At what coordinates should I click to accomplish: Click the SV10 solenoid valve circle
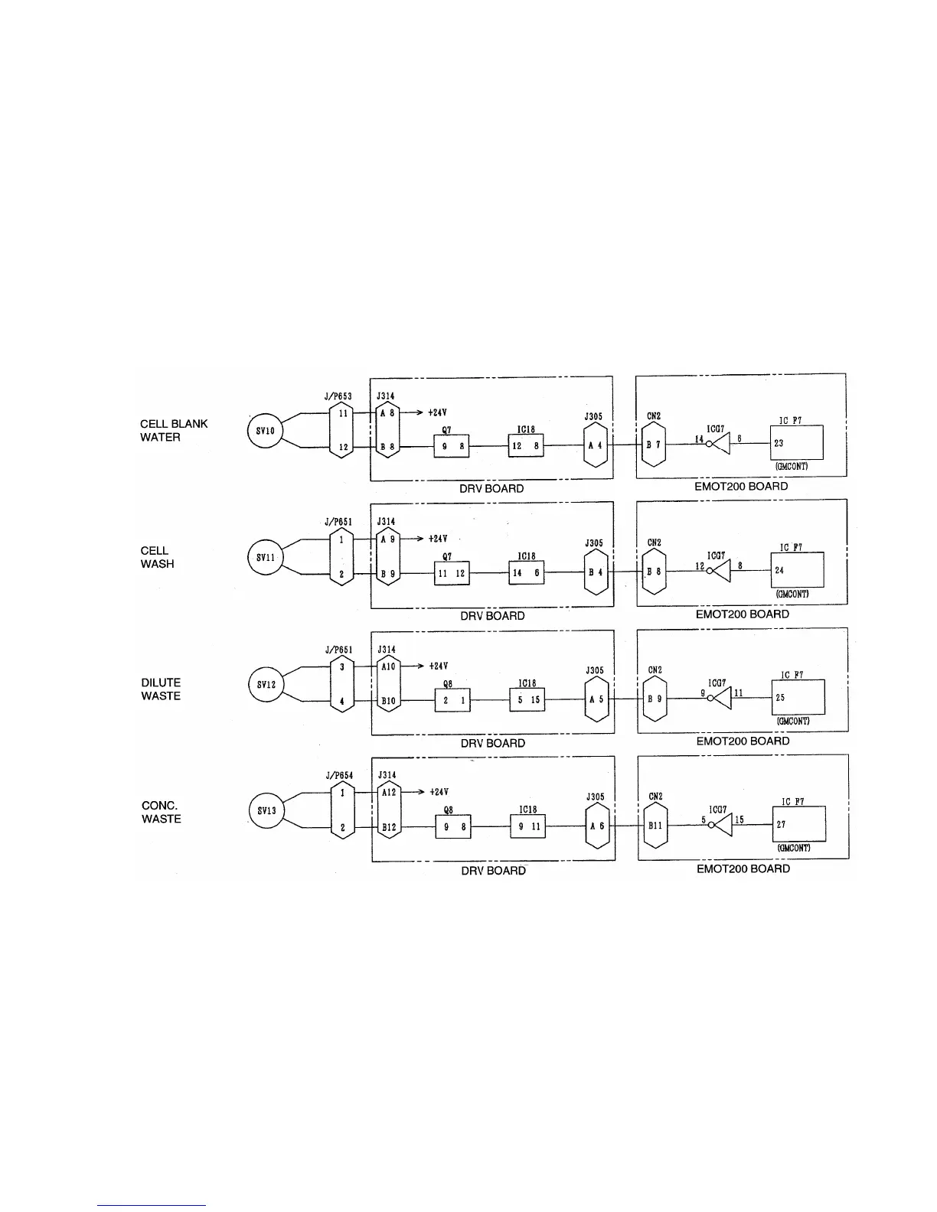point(265,430)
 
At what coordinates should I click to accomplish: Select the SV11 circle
point(265,557)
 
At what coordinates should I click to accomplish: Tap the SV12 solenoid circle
point(266,684)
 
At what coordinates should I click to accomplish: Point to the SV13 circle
point(266,811)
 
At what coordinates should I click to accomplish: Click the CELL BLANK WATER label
point(174,430)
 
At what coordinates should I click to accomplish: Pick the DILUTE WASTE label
point(161,689)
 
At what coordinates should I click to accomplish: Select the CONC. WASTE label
point(162,812)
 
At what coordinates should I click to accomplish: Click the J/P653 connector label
point(338,396)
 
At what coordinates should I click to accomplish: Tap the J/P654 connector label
point(339,775)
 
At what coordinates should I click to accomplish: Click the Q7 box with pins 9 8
point(451,445)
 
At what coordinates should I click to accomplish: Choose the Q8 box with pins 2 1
point(452,700)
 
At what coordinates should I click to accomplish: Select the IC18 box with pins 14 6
point(527,572)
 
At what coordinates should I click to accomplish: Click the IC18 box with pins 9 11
point(528,826)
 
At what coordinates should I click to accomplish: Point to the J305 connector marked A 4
point(595,445)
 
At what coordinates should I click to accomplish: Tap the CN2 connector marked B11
point(655,826)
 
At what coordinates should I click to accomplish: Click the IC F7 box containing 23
point(797,442)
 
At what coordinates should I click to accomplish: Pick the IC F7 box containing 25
point(798,697)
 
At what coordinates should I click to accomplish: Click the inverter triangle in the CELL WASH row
point(721,571)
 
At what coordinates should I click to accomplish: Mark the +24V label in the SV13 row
point(439,792)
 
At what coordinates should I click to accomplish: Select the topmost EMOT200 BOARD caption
point(741,486)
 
